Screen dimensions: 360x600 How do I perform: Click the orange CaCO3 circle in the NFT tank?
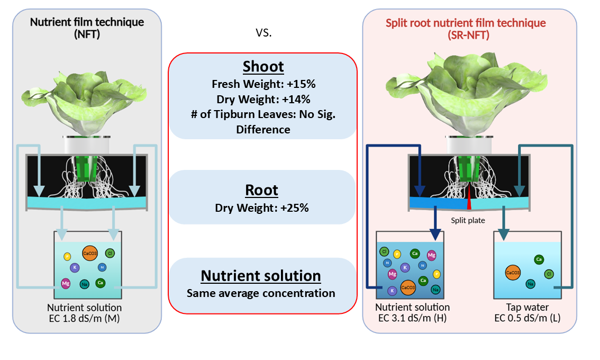(x=89, y=254)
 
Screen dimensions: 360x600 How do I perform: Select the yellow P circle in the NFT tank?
(x=67, y=257)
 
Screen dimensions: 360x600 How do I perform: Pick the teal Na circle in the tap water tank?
(x=530, y=284)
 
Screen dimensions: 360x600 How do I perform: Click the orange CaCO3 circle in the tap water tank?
(x=512, y=273)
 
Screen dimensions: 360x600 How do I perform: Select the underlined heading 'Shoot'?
(x=263, y=67)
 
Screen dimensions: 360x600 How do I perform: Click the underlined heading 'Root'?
(x=262, y=190)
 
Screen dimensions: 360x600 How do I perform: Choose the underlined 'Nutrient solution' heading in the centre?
(x=261, y=276)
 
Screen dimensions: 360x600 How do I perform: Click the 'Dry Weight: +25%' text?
(x=262, y=208)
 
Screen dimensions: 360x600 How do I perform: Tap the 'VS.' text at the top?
(x=263, y=33)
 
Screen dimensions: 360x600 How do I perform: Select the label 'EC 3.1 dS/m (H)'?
(x=413, y=318)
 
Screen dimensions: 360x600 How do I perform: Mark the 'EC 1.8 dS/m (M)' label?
(x=85, y=318)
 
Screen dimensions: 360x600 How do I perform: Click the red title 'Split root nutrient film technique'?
(x=466, y=23)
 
